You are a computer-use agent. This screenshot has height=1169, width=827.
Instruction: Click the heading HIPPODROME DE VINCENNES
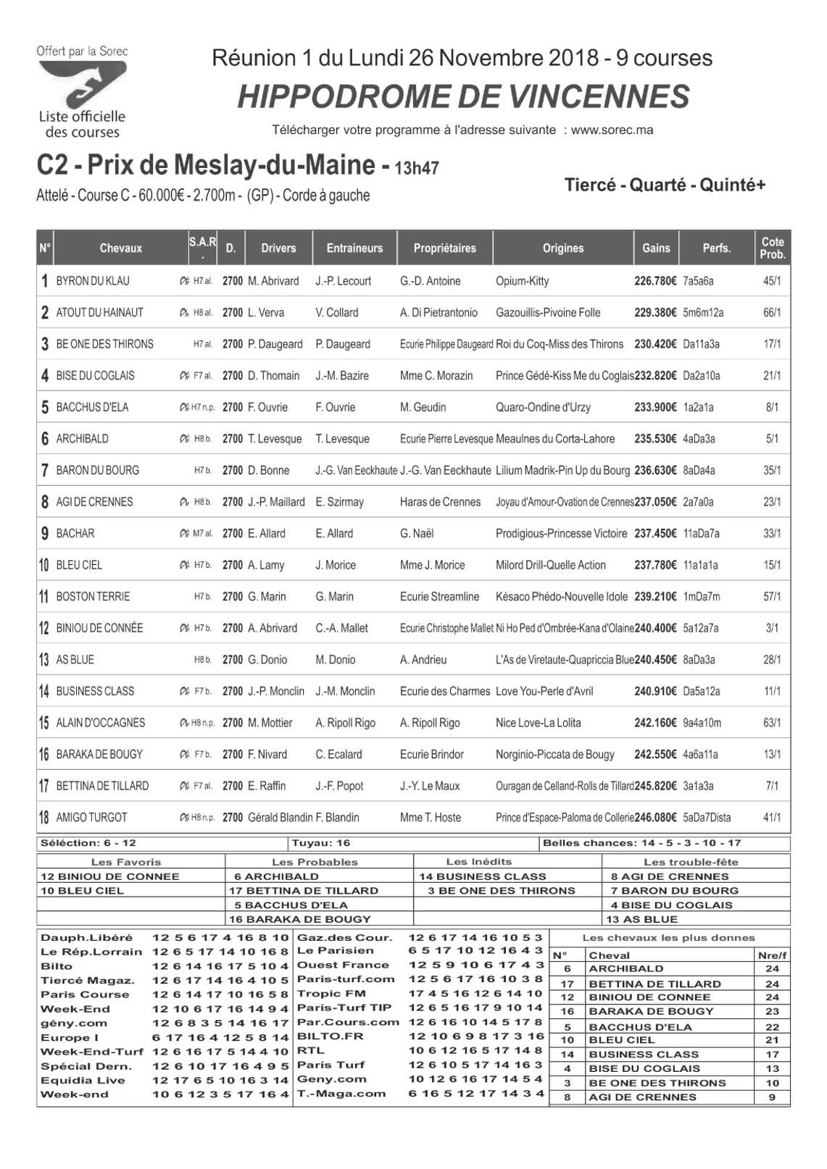click(463, 97)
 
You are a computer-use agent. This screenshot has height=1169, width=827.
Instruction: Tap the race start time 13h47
click(417, 169)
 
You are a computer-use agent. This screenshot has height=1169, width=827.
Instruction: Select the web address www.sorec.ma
click(612, 130)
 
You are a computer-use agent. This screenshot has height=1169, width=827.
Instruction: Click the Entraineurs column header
click(354, 248)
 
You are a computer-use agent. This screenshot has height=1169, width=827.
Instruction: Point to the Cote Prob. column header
click(773, 248)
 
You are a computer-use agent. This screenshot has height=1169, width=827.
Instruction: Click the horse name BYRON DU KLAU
click(93, 281)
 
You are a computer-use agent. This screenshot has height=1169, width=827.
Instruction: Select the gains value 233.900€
click(655, 407)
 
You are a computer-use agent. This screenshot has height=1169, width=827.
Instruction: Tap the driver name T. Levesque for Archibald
click(275, 439)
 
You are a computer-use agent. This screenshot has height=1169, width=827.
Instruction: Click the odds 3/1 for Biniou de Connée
click(772, 628)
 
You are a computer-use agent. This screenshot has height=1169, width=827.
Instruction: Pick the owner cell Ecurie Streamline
click(439, 597)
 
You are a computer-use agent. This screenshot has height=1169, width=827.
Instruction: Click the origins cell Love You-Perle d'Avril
click(544, 691)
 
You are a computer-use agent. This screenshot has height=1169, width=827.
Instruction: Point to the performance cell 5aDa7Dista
click(707, 818)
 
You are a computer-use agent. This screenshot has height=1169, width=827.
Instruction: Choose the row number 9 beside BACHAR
click(44, 534)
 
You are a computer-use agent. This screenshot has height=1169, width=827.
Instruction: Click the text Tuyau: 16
click(320, 843)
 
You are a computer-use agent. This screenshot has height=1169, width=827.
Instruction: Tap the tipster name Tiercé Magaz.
click(87, 981)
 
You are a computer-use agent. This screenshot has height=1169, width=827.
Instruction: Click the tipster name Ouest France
click(343, 965)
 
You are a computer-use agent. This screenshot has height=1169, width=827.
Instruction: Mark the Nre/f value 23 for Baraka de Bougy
click(772, 1012)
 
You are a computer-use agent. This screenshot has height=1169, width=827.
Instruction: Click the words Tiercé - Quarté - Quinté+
click(665, 185)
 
